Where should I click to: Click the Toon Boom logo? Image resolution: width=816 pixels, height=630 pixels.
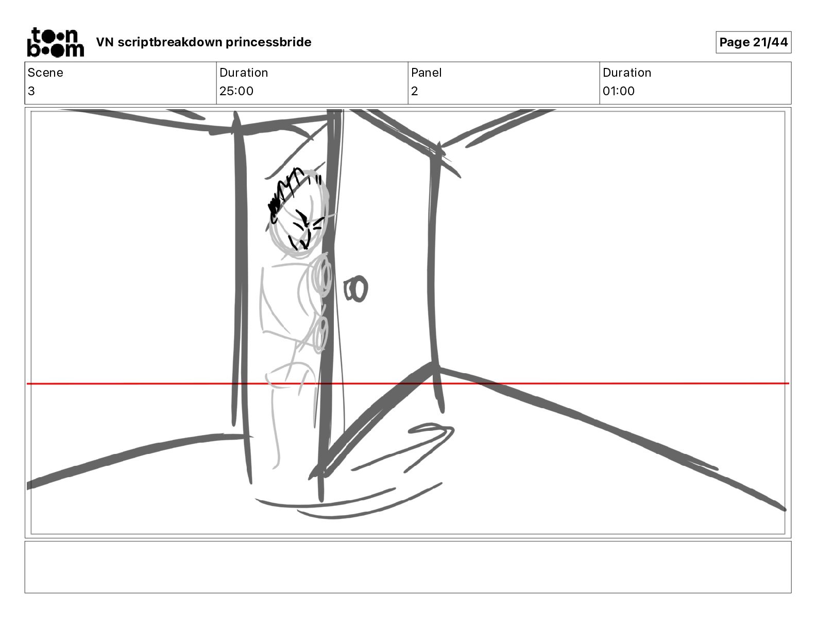tap(56, 42)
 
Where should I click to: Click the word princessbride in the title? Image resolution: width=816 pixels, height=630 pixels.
tap(268, 42)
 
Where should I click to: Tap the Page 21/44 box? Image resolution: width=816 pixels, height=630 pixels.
tap(753, 42)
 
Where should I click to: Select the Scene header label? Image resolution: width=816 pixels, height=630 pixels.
tap(45, 73)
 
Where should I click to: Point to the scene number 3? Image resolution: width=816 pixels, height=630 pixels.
tap(31, 91)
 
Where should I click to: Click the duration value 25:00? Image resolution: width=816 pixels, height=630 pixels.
tap(236, 91)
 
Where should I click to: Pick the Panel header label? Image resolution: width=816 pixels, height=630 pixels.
tap(426, 73)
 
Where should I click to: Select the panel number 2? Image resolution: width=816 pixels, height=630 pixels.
tap(415, 91)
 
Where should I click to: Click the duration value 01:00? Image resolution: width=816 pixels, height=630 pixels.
tap(619, 91)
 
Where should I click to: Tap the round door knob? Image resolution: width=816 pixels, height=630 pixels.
tap(356, 289)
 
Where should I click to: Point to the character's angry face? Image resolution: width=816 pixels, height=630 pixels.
tap(306, 229)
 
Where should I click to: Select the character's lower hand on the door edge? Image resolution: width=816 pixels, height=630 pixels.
tap(320, 334)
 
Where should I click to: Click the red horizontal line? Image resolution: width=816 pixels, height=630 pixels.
tap(408, 383)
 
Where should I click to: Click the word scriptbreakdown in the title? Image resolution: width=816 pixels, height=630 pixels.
tap(170, 42)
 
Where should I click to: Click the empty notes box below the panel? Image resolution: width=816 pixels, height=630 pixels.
tap(408, 567)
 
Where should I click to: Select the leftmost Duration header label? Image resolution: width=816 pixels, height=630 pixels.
tap(244, 73)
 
